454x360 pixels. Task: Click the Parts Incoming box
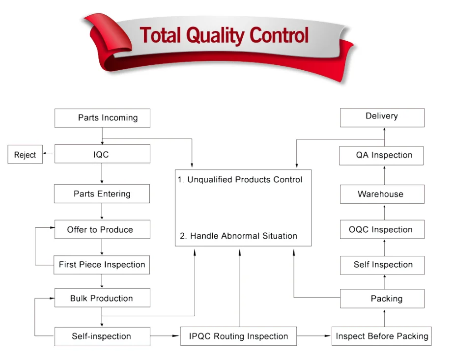coord(102,118)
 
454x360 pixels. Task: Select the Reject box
coord(25,154)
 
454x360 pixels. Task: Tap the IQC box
coord(102,154)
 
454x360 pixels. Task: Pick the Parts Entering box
coord(102,194)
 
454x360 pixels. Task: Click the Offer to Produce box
coord(102,229)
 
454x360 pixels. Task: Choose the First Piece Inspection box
coord(102,265)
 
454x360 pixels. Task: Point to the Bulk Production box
coord(102,298)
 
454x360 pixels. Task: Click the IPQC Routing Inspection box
coord(238,336)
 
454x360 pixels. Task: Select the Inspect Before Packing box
coord(381,336)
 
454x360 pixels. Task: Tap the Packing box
coord(382,299)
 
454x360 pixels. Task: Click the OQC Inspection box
coord(382,229)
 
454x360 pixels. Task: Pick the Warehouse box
coord(382,194)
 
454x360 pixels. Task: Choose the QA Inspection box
coord(381,156)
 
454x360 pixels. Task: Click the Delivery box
coord(382,118)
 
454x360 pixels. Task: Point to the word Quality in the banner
coord(215,35)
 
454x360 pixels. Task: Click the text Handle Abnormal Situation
coord(244,236)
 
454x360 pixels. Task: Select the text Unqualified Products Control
coord(245,179)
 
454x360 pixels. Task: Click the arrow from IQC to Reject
coord(48,153)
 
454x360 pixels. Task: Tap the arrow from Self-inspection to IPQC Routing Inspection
coord(165,336)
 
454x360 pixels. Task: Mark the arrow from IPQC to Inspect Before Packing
coord(314,336)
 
